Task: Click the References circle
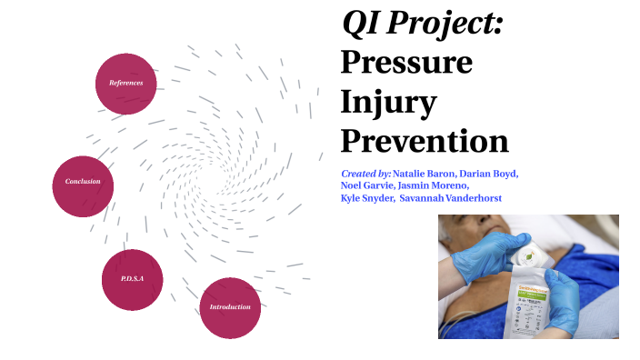pos(125,83)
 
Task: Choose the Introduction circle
pos(230,307)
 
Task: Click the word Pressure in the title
pos(406,63)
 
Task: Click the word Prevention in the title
pos(424,141)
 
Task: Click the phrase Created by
pos(365,173)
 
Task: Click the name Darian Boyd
pos(490,173)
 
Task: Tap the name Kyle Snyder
pos(366,198)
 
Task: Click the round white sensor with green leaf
pos(525,260)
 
